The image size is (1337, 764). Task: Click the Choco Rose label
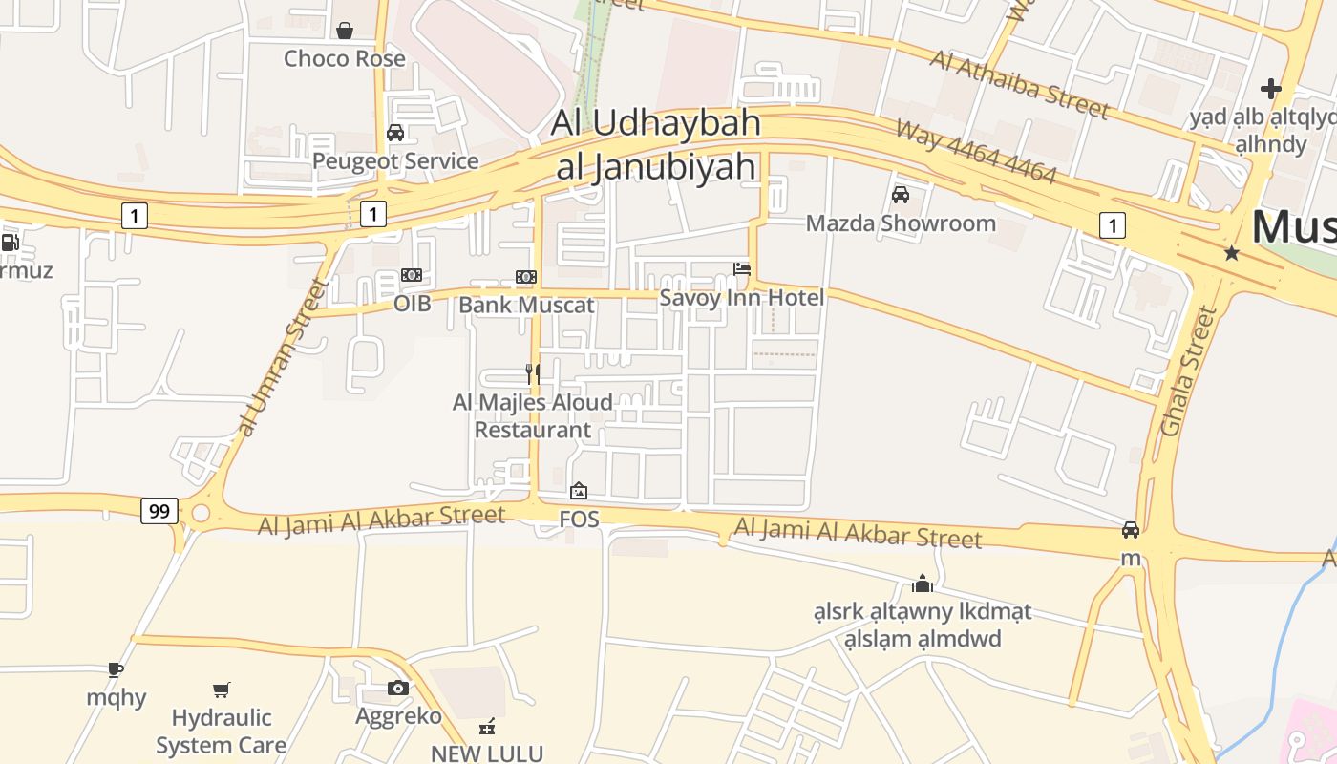pos(345,58)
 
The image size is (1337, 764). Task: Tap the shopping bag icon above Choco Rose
pos(345,31)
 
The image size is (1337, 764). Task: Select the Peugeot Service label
pos(395,160)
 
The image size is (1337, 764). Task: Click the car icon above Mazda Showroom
pos(900,195)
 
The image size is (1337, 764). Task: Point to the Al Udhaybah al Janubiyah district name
pos(657,144)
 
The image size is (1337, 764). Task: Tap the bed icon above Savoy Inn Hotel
pos(742,269)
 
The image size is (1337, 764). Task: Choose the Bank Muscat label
pos(526,305)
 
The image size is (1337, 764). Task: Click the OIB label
pos(413,304)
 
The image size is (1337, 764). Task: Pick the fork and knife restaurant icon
pos(533,373)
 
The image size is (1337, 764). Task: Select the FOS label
pos(579,519)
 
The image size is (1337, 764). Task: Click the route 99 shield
pos(159,511)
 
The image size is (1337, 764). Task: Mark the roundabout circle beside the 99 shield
pos(200,514)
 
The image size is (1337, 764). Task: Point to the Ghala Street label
pos(1189,371)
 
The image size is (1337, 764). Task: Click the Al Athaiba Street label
pos(1020,84)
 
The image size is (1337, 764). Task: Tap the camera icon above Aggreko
pos(398,688)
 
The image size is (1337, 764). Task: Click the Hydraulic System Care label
pos(222,732)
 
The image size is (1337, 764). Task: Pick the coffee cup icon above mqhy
pos(116,669)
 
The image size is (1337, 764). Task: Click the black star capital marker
pos(1232,253)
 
